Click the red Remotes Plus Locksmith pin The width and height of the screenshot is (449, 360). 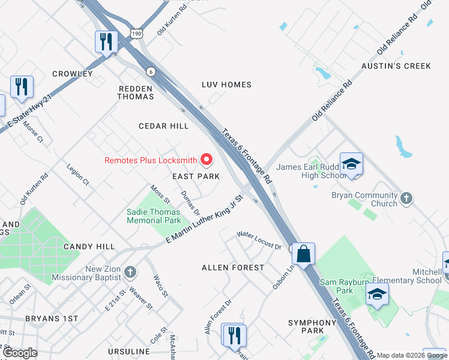pos(206,160)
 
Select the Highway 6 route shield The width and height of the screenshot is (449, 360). pos(150,71)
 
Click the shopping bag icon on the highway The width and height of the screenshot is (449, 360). pos(304,253)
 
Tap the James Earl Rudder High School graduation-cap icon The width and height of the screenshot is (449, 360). pos(351,164)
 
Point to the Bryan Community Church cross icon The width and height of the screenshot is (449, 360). pos(406,198)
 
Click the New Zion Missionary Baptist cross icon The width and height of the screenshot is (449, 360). pos(129,273)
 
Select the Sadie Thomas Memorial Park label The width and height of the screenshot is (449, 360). pos(153,216)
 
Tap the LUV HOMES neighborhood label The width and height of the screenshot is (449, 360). pos(226,85)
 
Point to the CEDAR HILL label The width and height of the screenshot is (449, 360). pos(163,126)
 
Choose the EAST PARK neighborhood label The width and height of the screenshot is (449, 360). pos(196,176)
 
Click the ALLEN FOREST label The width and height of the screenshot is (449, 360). pos(233,268)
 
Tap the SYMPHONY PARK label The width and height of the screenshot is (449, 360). pos(314,326)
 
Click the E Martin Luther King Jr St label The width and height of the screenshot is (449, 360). pos(204,220)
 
